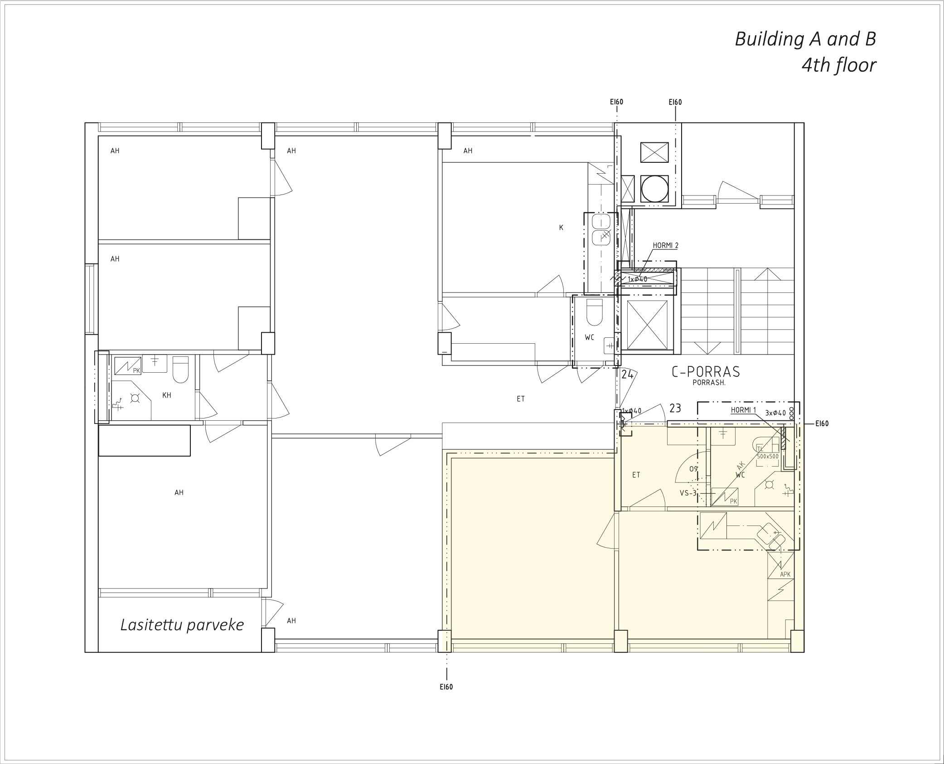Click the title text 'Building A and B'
coord(805,39)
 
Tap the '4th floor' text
coord(838,65)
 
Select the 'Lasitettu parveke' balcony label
coord(182,625)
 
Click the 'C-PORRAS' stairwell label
coord(706,372)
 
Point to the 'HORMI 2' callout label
coord(665,246)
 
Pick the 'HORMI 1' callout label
coord(744,410)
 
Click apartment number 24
coord(628,375)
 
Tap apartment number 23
coord(675,408)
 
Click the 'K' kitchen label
coord(561,228)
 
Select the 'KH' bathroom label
coord(167,395)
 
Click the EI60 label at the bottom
coord(446,687)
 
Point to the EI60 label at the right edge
coord(822,424)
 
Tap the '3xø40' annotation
coord(775,413)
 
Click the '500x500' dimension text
coord(768,457)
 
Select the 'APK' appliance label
coord(785,574)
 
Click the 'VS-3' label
coord(687,493)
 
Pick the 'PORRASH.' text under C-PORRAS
coord(709,382)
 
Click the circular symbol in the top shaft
coord(654,188)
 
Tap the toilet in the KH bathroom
coord(181,370)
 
